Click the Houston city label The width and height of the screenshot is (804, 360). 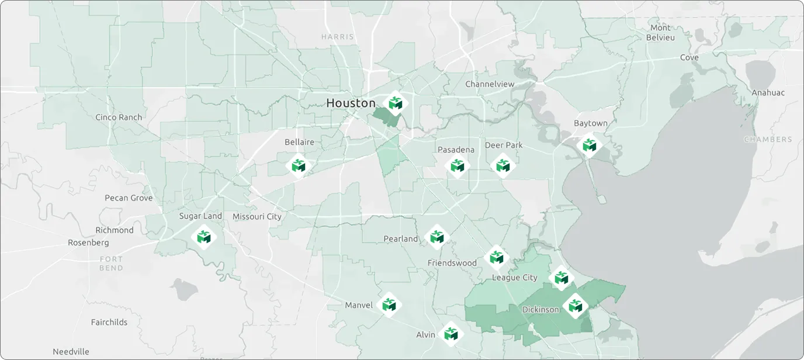[x=351, y=103]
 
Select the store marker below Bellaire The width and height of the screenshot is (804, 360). [x=299, y=166]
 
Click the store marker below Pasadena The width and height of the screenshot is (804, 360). [x=457, y=166]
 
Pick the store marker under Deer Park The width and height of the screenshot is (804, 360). [x=503, y=166]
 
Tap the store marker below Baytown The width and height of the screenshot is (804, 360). [x=589, y=145]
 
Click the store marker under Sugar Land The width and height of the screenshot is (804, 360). [x=204, y=237]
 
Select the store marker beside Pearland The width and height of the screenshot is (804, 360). [x=437, y=237]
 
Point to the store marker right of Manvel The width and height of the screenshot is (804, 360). [x=389, y=304]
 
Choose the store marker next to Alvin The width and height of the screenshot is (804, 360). [x=450, y=334]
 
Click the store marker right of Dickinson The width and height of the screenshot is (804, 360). [x=576, y=305]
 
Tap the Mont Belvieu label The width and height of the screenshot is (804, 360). [x=660, y=33]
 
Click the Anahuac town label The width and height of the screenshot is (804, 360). [x=768, y=93]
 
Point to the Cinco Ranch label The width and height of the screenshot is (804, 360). [x=119, y=117]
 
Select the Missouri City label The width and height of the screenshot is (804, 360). [x=257, y=217]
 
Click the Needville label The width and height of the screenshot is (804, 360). [x=71, y=352]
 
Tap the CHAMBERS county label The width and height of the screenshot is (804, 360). [x=768, y=140]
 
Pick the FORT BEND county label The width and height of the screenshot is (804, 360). [x=111, y=264]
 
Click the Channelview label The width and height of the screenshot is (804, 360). [x=490, y=84]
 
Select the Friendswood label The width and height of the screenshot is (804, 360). [x=452, y=263]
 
